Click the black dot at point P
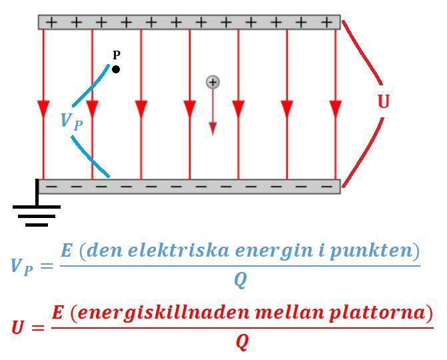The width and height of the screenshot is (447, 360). (x=116, y=69)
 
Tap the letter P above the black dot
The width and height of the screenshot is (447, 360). (x=117, y=55)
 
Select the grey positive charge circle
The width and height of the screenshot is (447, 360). (x=213, y=82)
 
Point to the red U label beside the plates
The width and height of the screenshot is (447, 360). (x=383, y=101)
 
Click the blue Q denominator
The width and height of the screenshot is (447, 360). (x=240, y=281)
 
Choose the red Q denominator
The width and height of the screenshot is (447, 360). (x=242, y=342)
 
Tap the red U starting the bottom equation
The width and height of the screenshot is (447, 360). (x=19, y=327)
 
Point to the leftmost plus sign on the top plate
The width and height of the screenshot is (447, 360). (x=51, y=22)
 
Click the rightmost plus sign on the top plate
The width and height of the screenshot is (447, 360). (x=326, y=22)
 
